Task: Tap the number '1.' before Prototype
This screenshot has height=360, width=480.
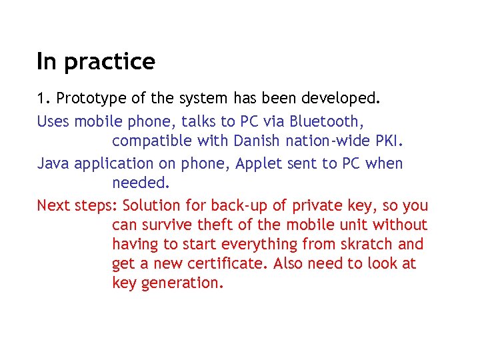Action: coord(43,99)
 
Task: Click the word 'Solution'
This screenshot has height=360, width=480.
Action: coord(151,205)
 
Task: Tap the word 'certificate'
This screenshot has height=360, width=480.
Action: coord(227,263)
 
